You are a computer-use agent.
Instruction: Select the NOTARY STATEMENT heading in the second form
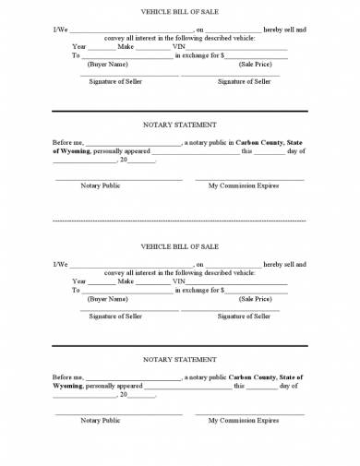[x=180, y=359]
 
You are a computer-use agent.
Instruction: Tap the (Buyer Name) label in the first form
[x=107, y=66]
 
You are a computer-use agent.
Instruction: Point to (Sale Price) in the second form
[x=255, y=299]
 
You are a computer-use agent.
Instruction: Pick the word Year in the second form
[x=79, y=281]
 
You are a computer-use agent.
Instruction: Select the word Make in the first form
[x=126, y=46]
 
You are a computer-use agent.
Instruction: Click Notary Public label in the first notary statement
[x=101, y=185]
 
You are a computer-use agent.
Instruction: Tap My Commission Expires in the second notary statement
[x=244, y=420]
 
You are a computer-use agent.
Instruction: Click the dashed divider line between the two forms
[x=180, y=221]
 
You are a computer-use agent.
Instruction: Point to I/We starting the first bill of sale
[x=60, y=30]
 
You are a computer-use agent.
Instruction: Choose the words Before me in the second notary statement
[x=68, y=376]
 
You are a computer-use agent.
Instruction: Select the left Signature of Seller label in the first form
[x=115, y=81]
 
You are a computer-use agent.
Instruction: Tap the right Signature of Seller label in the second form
[x=244, y=316]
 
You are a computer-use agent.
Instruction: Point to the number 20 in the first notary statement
[x=123, y=161]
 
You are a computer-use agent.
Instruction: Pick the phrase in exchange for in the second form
[x=197, y=290]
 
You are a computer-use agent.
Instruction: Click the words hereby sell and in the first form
[x=285, y=30]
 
